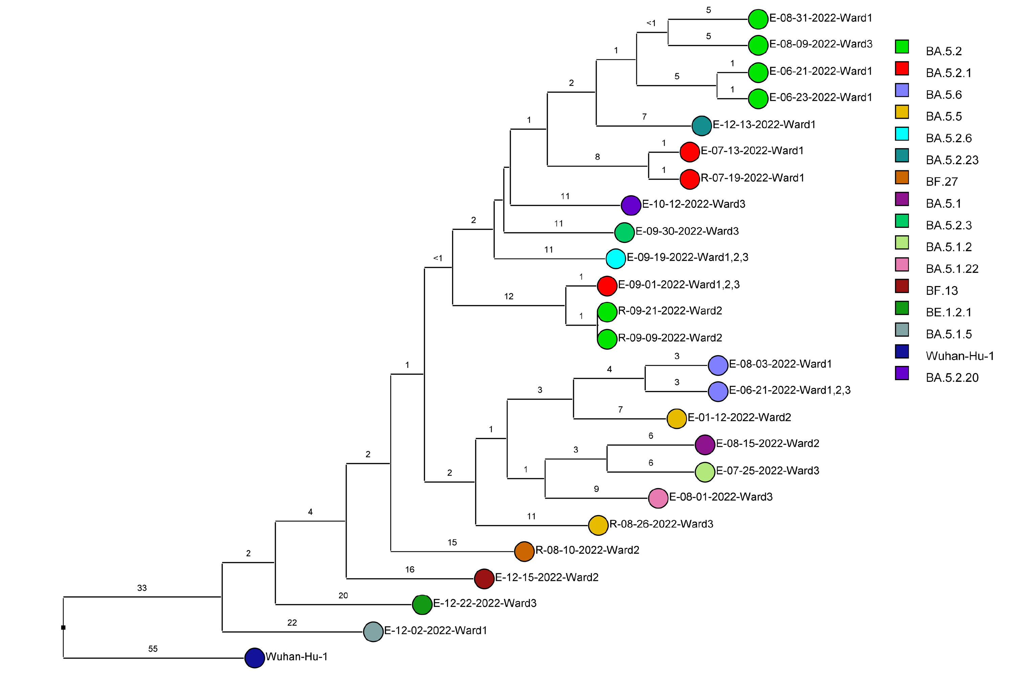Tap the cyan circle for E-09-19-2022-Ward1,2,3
coord(615,259)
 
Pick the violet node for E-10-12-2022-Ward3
coord(631,205)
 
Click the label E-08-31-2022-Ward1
coord(820,18)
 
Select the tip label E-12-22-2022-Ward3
coord(484,603)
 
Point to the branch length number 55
coord(153,649)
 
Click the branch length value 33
coord(141,588)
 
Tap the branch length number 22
coord(292,622)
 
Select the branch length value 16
coord(410,569)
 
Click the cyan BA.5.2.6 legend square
coord(901,134)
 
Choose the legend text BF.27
coord(942,182)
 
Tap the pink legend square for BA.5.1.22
coord(901,264)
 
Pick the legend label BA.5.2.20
coord(952,378)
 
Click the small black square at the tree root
coord(64,627)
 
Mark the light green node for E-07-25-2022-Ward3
coord(704,472)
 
